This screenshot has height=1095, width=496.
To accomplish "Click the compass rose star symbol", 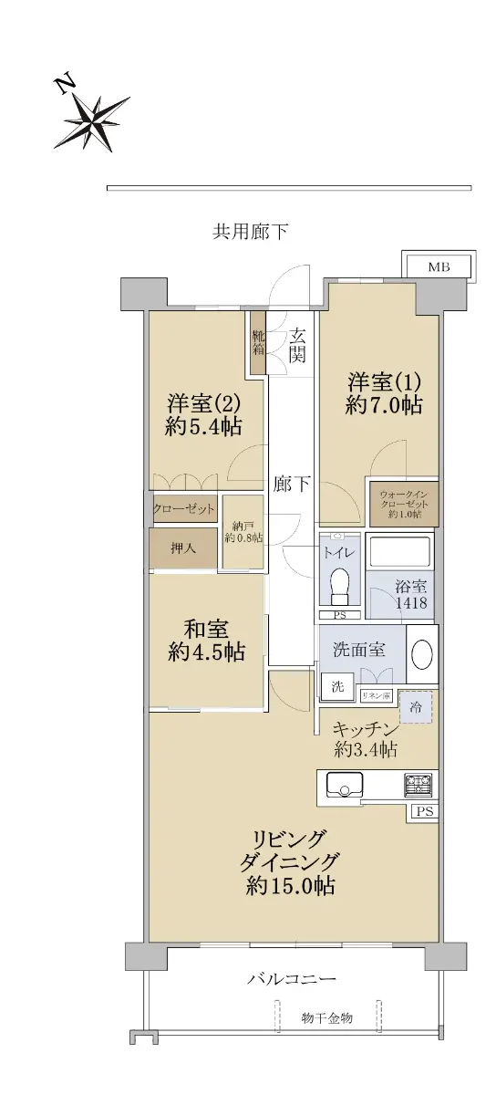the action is pyautogui.click(x=93, y=122).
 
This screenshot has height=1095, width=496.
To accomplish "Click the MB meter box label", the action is pyautogui.click(x=439, y=266).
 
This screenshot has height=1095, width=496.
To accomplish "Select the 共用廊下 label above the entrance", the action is pyautogui.click(x=250, y=231).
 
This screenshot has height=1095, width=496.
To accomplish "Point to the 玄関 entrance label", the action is pyautogui.click(x=297, y=346).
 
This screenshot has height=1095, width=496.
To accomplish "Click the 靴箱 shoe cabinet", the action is pyautogui.click(x=257, y=344).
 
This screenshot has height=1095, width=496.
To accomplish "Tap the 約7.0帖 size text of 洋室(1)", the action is pyautogui.click(x=384, y=405).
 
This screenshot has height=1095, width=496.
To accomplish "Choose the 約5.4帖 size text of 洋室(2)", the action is pyautogui.click(x=203, y=427).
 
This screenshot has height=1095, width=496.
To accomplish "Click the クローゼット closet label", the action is pyautogui.click(x=183, y=509).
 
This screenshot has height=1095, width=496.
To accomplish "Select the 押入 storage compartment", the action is pyautogui.click(x=183, y=548).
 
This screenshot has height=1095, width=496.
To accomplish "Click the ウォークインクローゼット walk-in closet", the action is pyautogui.click(x=404, y=504).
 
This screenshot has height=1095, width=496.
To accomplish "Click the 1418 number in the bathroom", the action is pyautogui.click(x=411, y=603).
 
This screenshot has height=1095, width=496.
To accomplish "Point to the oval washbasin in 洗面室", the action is pyautogui.click(x=422, y=654).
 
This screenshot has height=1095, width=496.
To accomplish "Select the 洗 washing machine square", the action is pyautogui.click(x=337, y=687).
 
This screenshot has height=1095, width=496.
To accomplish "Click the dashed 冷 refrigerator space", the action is pyautogui.click(x=416, y=707).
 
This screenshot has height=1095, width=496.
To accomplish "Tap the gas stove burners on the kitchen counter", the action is pyautogui.click(x=418, y=785).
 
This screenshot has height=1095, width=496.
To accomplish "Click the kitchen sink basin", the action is pyautogui.click(x=345, y=785).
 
